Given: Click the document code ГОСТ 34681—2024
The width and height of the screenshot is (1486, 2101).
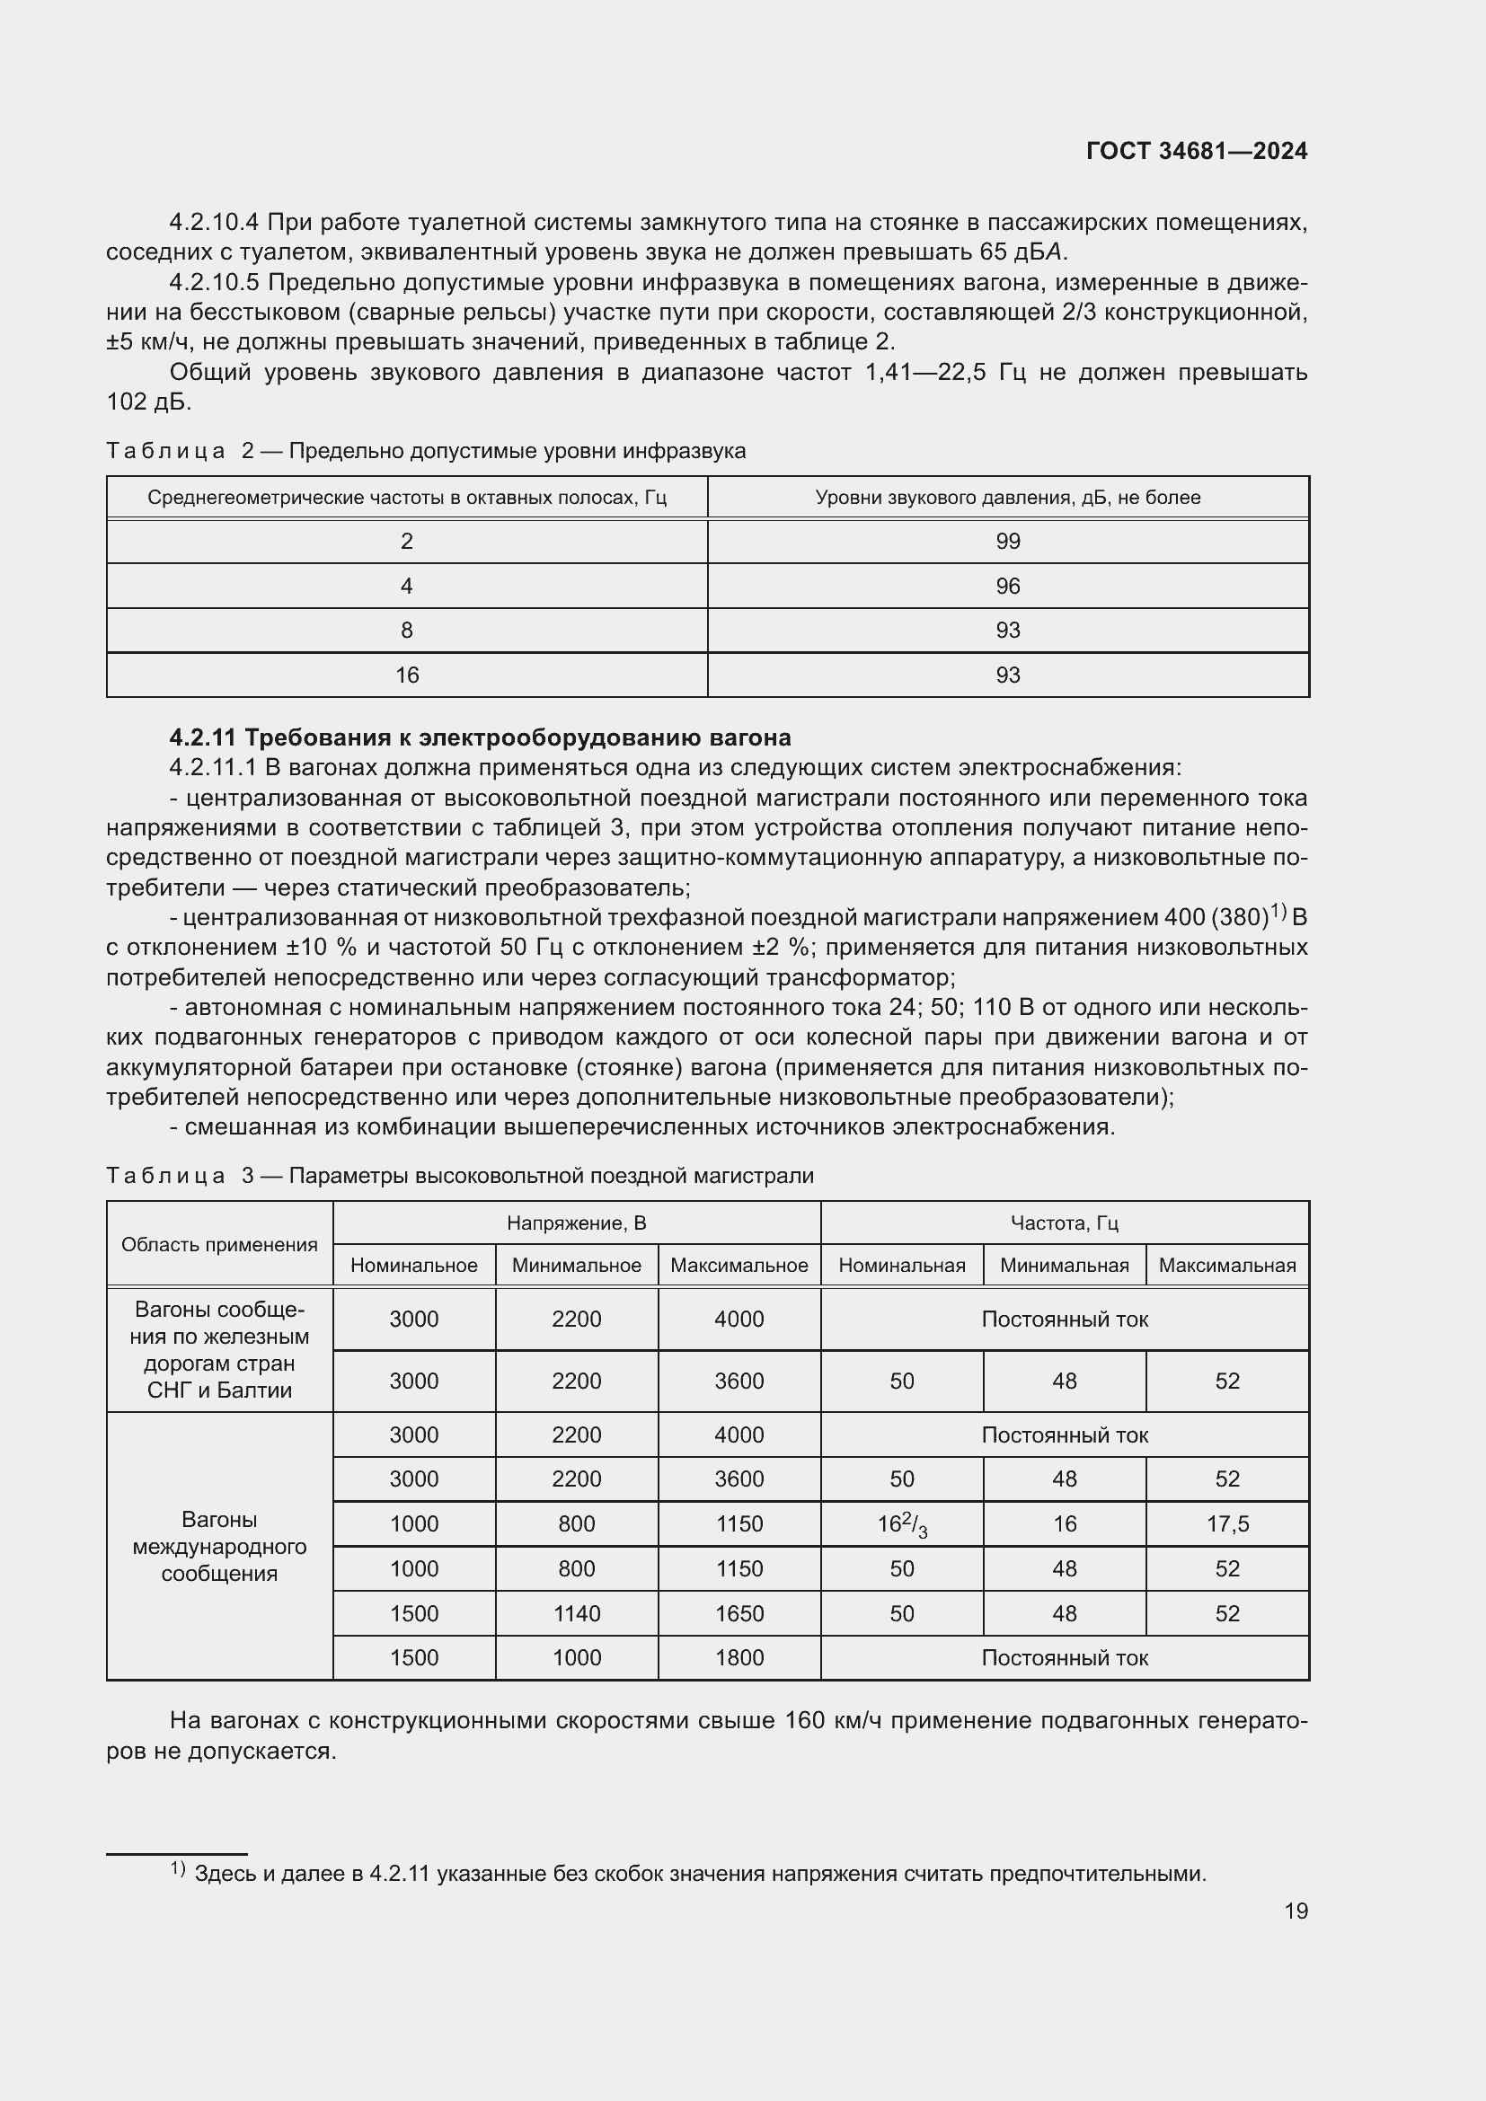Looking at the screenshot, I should click(x=1196, y=151).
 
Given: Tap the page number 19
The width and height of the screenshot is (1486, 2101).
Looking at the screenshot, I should click(x=1296, y=1911).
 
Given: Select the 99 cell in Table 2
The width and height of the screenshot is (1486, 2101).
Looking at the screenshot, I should click(x=1007, y=541).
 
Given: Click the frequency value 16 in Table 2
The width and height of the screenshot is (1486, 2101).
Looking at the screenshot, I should click(x=406, y=675).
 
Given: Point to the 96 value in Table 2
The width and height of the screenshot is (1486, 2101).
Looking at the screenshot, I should click(x=1007, y=586).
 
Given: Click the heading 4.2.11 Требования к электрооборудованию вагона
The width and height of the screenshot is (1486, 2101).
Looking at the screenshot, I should click(x=481, y=737).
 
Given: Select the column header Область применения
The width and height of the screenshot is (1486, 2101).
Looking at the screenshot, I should click(x=219, y=1243).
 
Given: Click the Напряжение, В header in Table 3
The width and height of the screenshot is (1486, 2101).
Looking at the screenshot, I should click(x=577, y=1223).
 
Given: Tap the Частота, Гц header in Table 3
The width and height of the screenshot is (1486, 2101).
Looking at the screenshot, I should click(x=1064, y=1223).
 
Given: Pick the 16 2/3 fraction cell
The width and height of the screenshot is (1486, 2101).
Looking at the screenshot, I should click(x=902, y=1524).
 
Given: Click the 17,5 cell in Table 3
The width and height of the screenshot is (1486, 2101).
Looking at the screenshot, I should click(x=1227, y=1523).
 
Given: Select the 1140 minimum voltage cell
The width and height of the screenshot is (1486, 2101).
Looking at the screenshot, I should click(x=577, y=1613).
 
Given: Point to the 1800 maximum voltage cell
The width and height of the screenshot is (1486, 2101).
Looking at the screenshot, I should click(x=739, y=1657).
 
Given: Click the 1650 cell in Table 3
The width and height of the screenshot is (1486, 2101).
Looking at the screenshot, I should click(x=739, y=1613).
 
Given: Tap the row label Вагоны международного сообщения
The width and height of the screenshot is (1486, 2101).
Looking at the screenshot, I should click(x=219, y=1546).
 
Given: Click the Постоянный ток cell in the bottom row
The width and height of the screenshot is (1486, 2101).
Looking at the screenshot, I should click(x=1064, y=1657).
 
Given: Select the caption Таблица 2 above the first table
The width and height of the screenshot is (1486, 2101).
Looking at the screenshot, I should click(x=165, y=451).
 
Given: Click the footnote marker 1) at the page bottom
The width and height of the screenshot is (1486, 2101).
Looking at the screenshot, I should click(x=179, y=1868).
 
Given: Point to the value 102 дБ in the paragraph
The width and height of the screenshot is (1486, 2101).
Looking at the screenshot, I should click(x=148, y=402).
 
